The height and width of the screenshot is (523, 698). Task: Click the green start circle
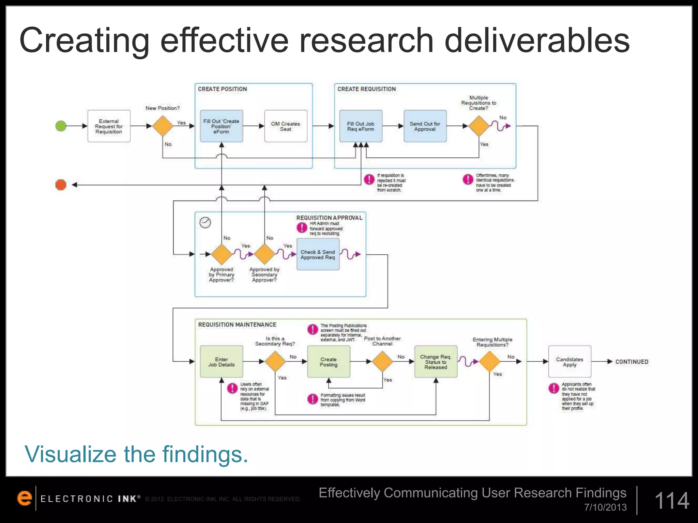point(61,126)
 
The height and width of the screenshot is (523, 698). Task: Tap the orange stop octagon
point(61,185)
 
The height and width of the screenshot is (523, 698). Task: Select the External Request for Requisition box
point(109,126)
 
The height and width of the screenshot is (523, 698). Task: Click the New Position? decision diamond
point(163,126)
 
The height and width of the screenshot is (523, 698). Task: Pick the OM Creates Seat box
point(286,126)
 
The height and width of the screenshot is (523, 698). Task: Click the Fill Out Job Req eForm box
point(361,126)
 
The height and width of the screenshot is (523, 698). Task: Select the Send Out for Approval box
point(425,126)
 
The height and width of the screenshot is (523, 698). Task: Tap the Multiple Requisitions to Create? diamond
point(479,126)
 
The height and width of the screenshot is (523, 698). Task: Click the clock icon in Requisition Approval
point(205,222)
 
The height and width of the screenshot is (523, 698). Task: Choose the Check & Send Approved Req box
point(318,255)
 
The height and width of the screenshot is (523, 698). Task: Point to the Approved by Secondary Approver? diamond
point(264,254)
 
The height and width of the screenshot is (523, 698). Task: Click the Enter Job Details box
point(222,362)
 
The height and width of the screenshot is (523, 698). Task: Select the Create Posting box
point(329,362)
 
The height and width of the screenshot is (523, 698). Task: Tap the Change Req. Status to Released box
point(436,362)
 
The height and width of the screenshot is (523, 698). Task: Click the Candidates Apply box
point(570,362)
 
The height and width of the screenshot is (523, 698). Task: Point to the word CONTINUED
point(632,362)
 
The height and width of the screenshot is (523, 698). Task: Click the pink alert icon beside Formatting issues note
point(313,399)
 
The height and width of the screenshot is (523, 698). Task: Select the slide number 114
point(672,501)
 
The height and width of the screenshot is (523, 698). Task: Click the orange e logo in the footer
point(25,498)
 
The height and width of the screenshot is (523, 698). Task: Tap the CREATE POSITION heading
point(222,89)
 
